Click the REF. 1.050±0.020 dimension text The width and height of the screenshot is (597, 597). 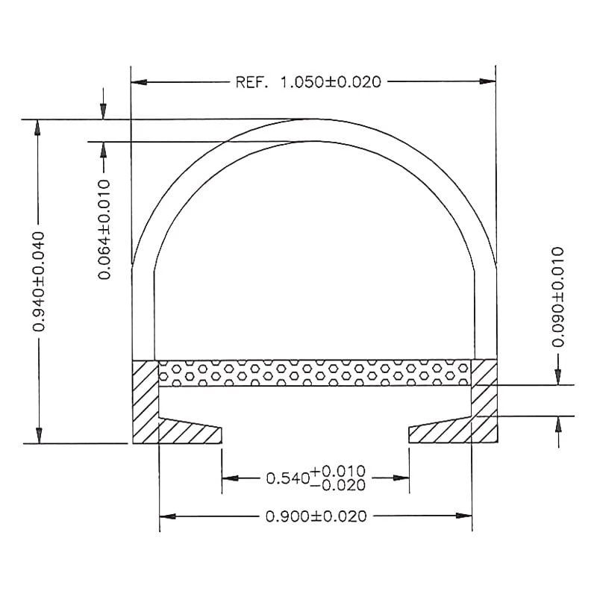pos(308,82)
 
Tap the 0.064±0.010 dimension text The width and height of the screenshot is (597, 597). pos(104,229)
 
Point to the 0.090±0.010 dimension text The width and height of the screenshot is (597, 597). pos(557,296)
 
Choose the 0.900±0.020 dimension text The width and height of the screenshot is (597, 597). pos(316,516)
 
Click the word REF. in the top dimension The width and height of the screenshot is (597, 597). pos(252,82)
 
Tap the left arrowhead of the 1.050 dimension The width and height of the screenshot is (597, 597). pos(138,82)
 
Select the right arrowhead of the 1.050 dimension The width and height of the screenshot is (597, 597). pos(489,82)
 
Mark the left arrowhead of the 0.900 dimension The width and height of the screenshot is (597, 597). pos(167,516)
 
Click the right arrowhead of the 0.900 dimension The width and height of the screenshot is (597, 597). pos(465,516)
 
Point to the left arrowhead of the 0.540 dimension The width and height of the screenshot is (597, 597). pos(230,478)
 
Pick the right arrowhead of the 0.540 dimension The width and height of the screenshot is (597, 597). pos(402,478)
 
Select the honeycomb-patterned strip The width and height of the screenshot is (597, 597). pos(315,372)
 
